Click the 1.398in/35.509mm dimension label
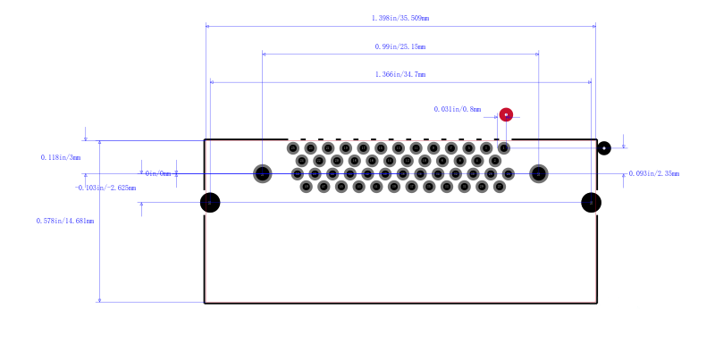(400, 18)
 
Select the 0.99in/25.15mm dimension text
(400, 46)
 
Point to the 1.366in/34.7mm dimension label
(400, 74)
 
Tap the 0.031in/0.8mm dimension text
(458, 109)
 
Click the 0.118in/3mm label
(61, 158)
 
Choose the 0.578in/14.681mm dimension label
(65, 221)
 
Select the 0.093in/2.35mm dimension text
(654, 173)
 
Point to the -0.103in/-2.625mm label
(105, 188)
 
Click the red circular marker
(506, 115)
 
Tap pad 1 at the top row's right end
(504, 148)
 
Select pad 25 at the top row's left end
(293, 148)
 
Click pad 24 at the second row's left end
(302, 161)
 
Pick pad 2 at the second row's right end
(495, 161)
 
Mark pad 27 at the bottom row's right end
(500, 187)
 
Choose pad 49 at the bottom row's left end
(306, 187)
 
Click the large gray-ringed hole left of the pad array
(262, 173)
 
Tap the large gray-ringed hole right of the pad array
(539, 173)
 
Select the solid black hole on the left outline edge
(210, 203)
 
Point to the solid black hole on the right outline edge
(591, 203)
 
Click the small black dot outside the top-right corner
(604, 148)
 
